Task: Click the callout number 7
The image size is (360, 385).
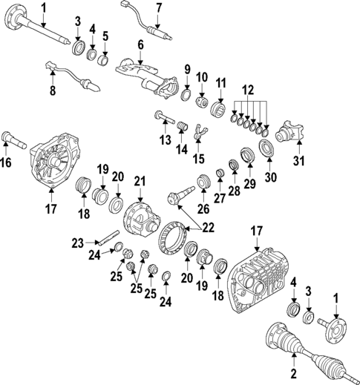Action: tap(158, 8)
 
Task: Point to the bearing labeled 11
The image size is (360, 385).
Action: tap(220, 108)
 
